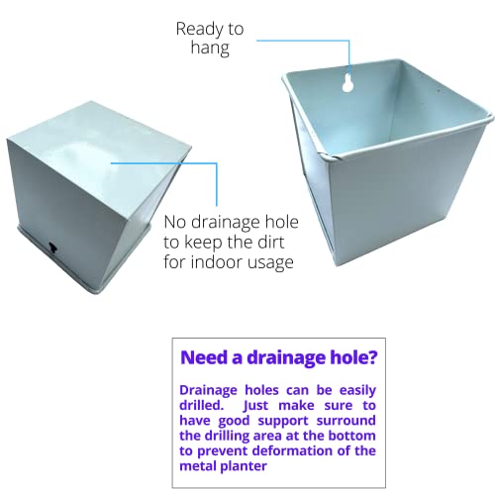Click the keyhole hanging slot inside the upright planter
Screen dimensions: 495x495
347,82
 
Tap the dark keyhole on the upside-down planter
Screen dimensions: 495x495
53,247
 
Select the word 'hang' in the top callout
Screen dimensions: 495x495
210,48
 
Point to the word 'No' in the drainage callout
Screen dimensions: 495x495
175,222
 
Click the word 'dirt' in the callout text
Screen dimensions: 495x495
270,242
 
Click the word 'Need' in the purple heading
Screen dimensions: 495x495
204,357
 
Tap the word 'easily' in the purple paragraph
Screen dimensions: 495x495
357,391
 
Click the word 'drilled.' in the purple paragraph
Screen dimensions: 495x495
202,405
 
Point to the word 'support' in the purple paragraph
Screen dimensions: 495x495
283,422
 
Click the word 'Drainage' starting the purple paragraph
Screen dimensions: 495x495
208,391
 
